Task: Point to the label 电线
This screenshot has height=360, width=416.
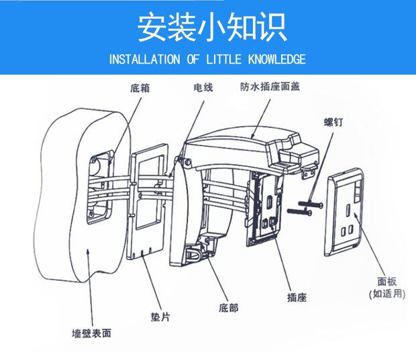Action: click(x=203, y=88)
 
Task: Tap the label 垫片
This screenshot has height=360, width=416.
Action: click(x=160, y=316)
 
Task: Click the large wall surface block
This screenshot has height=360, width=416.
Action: click(x=67, y=221)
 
